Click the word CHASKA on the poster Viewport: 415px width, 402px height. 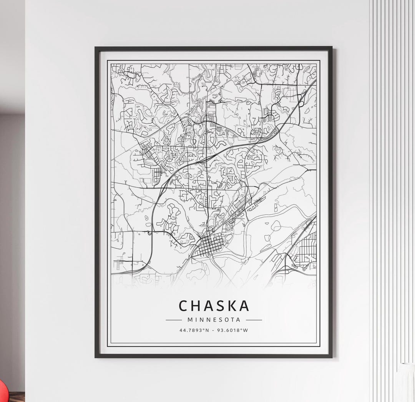click(214, 306)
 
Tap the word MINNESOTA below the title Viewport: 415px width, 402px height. click(214, 319)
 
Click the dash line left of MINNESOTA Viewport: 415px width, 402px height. click(174, 320)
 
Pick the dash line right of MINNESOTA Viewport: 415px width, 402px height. click(254, 320)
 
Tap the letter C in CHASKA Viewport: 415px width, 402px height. click(184, 306)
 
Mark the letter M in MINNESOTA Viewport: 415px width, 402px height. click(190, 319)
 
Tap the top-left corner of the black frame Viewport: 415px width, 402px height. click(96, 48)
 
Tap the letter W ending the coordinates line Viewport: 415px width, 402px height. click(246, 330)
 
